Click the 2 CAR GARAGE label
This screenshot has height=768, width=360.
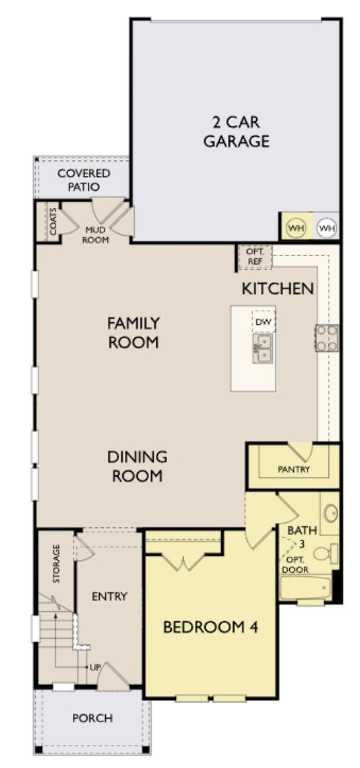click(x=240, y=132)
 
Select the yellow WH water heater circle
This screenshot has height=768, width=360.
click(x=295, y=227)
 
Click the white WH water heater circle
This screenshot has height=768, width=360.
click(x=326, y=227)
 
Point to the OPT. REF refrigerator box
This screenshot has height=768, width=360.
click(x=255, y=257)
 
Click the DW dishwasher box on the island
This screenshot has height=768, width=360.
click(x=262, y=321)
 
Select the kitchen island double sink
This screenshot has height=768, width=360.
click(x=262, y=348)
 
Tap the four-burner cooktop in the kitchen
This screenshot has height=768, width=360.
click(x=327, y=337)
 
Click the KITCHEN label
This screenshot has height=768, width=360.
click(x=278, y=289)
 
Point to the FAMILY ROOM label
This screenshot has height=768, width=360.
click(x=133, y=332)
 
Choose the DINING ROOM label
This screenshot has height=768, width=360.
click(x=137, y=466)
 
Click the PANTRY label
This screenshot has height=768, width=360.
click(x=294, y=470)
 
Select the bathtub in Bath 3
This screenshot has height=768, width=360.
click(x=309, y=588)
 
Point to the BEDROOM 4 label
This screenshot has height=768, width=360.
click(x=210, y=626)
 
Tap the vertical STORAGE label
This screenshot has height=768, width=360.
click(x=56, y=564)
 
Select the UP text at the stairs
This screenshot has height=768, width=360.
click(x=95, y=667)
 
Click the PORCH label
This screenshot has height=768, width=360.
click(x=93, y=719)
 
